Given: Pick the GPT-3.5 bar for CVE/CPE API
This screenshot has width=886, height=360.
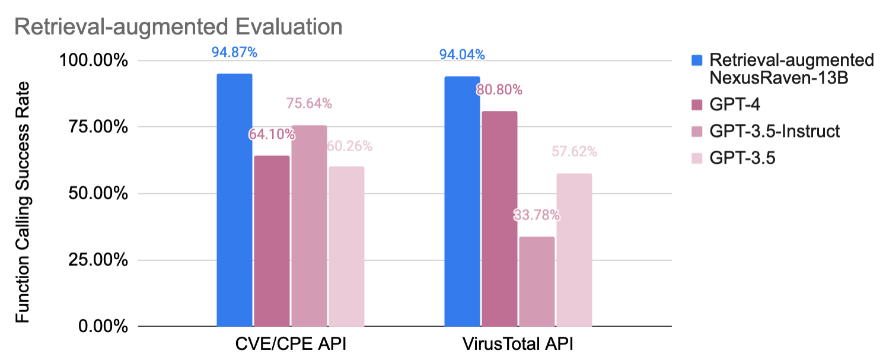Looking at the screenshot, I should [x=346, y=246].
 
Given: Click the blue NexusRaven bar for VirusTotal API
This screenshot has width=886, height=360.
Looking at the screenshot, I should [x=462, y=201].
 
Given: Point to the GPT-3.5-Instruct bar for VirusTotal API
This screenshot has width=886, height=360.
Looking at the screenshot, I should [x=537, y=281].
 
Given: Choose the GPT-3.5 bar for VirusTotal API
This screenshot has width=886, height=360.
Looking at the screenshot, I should [x=574, y=250].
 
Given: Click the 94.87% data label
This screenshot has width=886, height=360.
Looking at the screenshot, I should [x=234, y=52].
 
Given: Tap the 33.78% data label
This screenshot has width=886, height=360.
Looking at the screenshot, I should [x=537, y=215].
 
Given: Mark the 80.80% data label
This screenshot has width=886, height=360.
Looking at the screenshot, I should [x=499, y=90].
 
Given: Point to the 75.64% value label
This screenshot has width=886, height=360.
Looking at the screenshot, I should [x=309, y=103].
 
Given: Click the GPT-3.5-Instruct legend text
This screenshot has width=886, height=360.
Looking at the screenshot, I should [x=775, y=131].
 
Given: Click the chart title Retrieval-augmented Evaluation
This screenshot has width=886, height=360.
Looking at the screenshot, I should [x=178, y=27].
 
